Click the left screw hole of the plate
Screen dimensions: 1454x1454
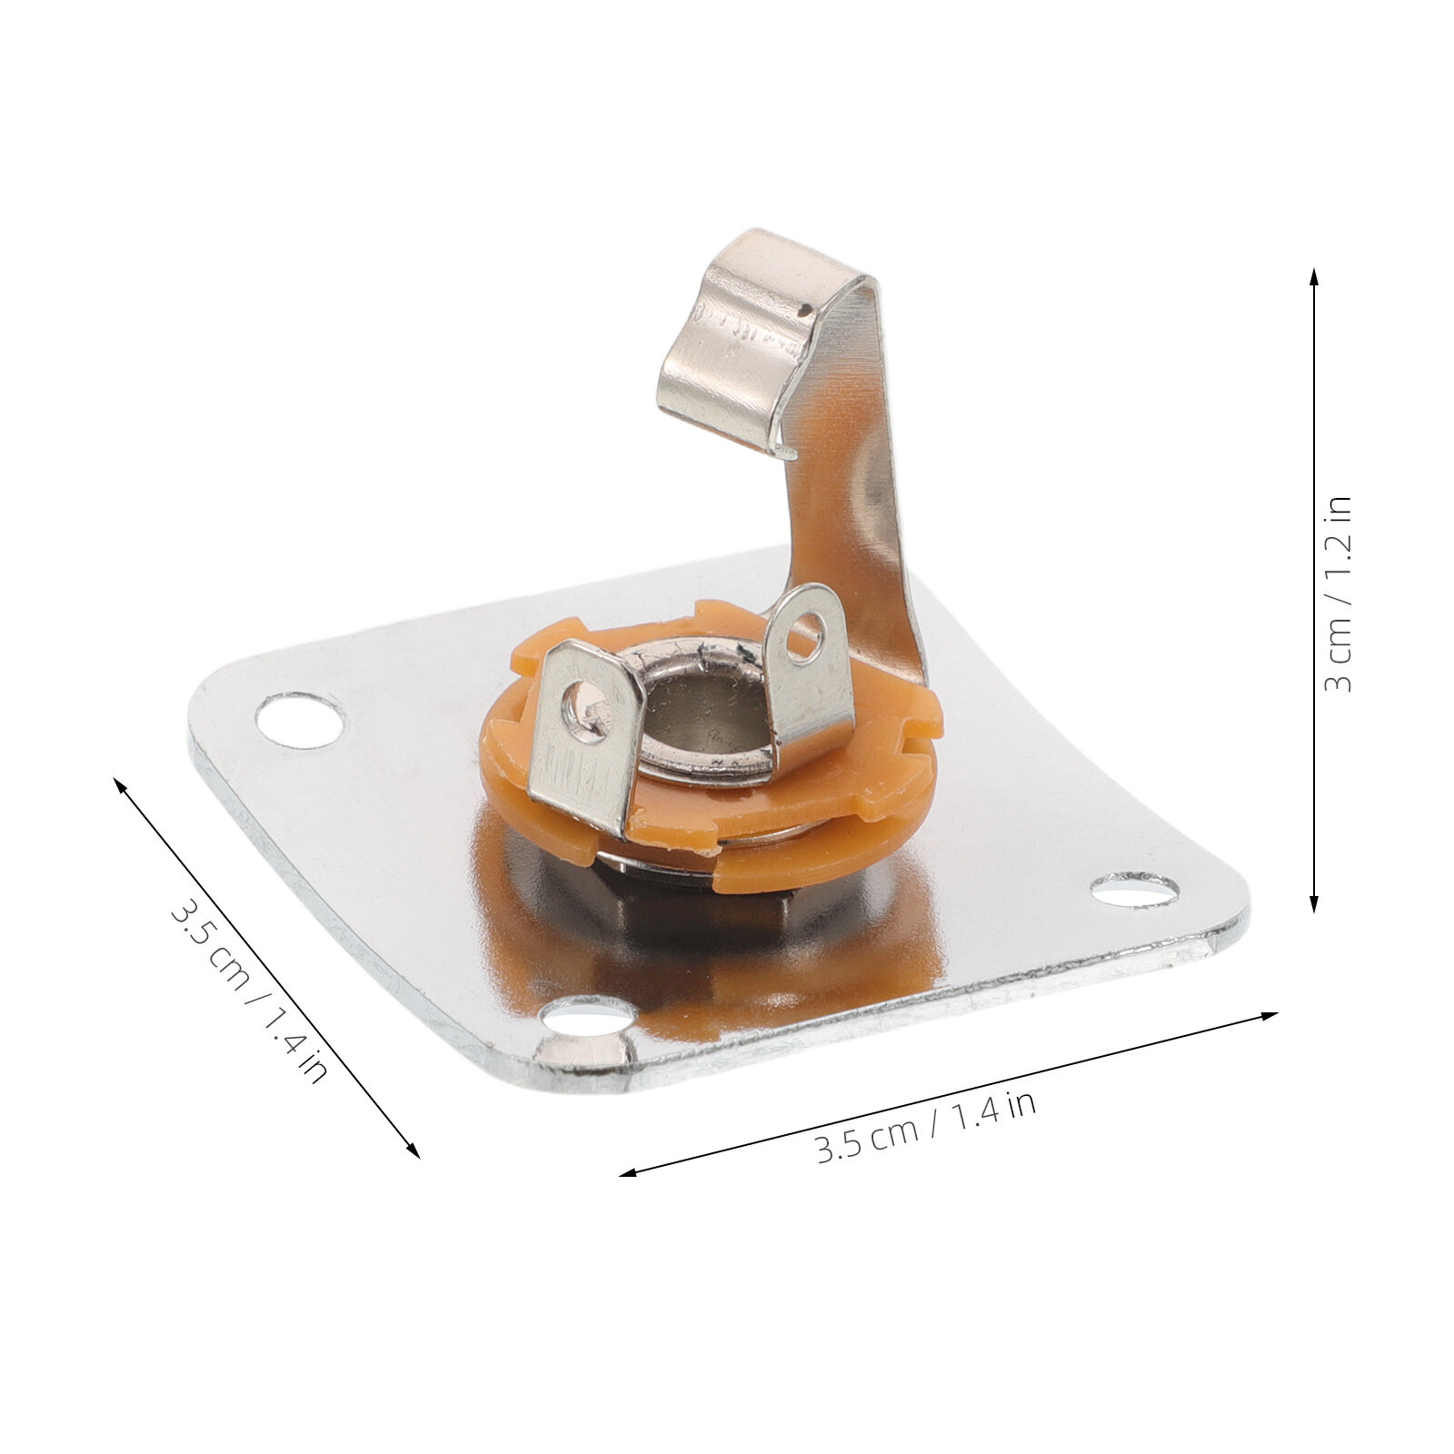pos(300,720)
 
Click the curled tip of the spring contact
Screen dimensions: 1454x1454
pos(783,450)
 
